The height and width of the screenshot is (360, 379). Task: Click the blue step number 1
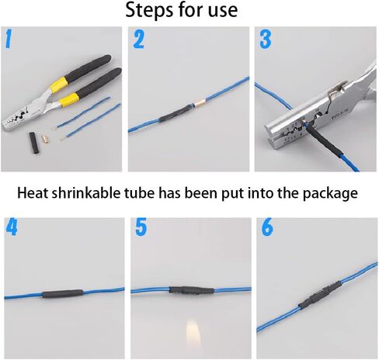click(x=9, y=39)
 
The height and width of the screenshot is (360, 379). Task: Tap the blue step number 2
click(x=139, y=39)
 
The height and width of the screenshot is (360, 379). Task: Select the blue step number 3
click(x=266, y=39)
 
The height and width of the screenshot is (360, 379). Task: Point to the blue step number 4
click(x=12, y=227)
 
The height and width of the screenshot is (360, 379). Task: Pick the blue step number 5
click(x=141, y=227)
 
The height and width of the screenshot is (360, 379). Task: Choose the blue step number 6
click(x=267, y=227)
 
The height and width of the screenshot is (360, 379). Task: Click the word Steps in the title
click(x=149, y=10)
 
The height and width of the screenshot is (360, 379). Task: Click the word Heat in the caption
click(x=33, y=192)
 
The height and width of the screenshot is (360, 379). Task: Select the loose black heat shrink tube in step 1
click(x=33, y=143)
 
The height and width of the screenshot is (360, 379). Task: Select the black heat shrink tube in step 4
click(x=63, y=293)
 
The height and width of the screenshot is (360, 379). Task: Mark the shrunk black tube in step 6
click(x=320, y=294)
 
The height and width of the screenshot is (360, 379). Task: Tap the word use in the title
click(x=223, y=12)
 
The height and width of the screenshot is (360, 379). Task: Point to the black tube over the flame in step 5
click(x=192, y=290)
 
